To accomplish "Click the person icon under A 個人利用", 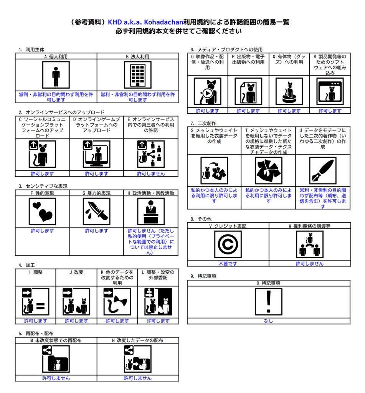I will [x=56, y=75].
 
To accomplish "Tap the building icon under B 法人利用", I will [x=137, y=75].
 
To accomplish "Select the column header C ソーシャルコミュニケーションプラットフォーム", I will [x=42, y=128].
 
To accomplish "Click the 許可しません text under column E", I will [x=151, y=173].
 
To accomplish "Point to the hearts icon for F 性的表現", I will [x=42, y=211].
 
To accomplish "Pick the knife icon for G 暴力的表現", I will [x=96, y=211].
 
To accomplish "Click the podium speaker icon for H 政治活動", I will [x=151, y=211].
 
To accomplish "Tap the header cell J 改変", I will [x=76, y=272].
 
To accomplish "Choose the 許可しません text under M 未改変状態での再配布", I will [x=56, y=378].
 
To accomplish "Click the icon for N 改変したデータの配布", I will [x=137, y=359].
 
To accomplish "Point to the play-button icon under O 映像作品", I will [x=207, y=92].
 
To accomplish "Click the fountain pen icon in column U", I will [x=323, y=170].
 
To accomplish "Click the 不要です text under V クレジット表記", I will [x=228, y=264].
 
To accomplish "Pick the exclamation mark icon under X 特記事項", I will [x=268, y=301].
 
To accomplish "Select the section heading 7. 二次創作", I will [x=203, y=123].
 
